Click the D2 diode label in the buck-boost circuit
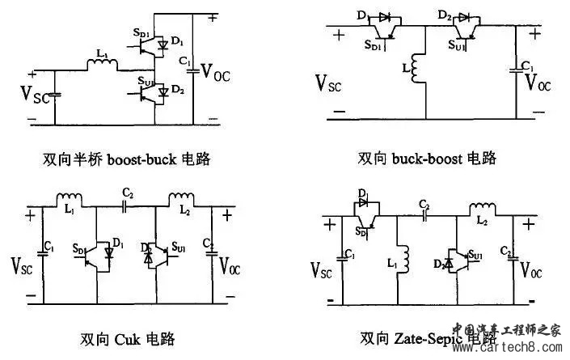(x=445, y=15)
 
